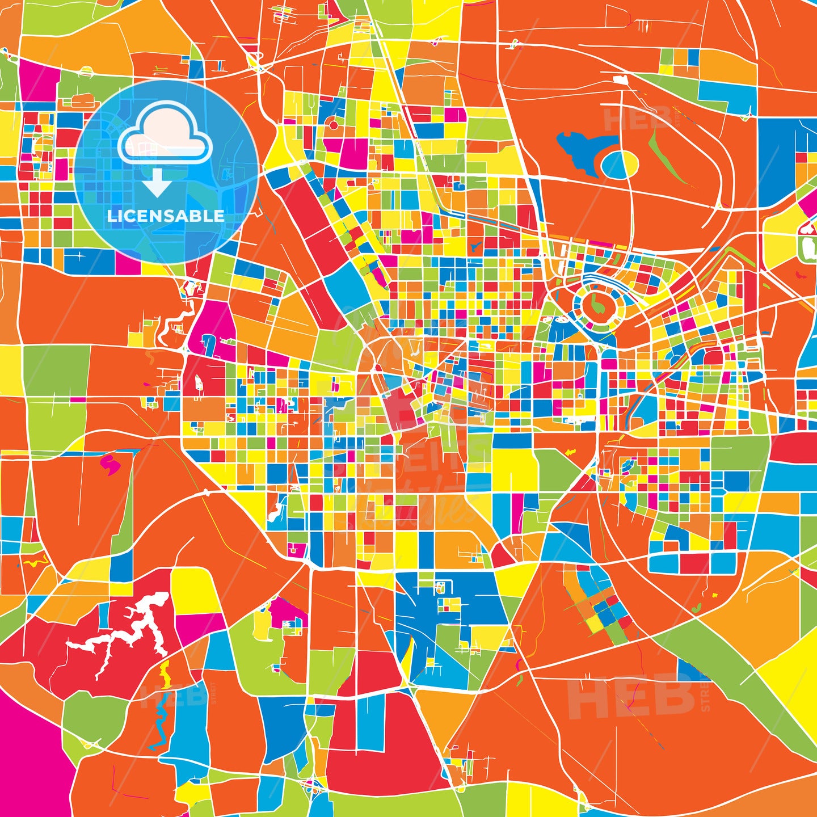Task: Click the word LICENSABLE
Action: (165, 216)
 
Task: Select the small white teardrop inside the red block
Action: (199, 384)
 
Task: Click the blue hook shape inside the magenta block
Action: (208, 344)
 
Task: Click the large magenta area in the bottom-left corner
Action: (28, 760)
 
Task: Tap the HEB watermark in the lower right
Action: (630, 697)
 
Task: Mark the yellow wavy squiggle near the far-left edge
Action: (35, 562)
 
